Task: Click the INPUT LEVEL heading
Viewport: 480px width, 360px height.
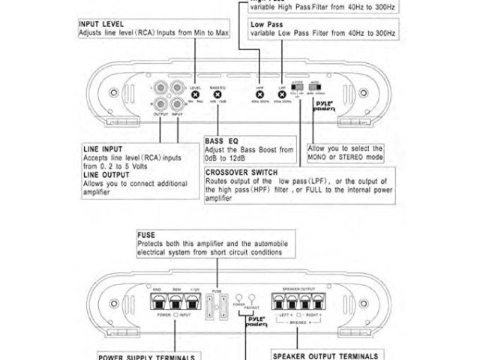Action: pos(101,24)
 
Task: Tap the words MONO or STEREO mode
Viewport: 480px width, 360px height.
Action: pos(345,157)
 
